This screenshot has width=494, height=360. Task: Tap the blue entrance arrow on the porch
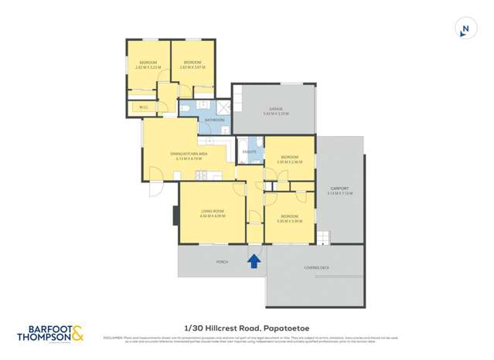pyautogui.click(x=254, y=262)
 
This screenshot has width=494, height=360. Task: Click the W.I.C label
pyautogui.click(x=144, y=107)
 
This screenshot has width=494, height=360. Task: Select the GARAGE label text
pyautogui.click(x=275, y=109)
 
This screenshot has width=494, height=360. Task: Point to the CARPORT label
pyautogui.click(x=339, y=188)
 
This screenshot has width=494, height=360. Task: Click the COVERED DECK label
pyautogui.click(x=315, y=267)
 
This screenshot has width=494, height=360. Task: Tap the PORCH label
pyautogui.click(x=222, y=263)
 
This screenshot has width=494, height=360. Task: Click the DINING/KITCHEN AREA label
pyautogui.click(x=189, y=154)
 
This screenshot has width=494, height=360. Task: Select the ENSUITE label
pyautogui.click(x=249, y=153)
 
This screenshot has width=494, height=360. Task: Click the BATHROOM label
pyautogui.click(x=214, y=120)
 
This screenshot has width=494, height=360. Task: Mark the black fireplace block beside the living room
pyautogui.click(x=175, y=215)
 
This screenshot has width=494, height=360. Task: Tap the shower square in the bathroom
pyautogui.click(x=223, y=107)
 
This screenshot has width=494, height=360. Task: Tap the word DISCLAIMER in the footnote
pyautogui.click(x=113, y=337)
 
